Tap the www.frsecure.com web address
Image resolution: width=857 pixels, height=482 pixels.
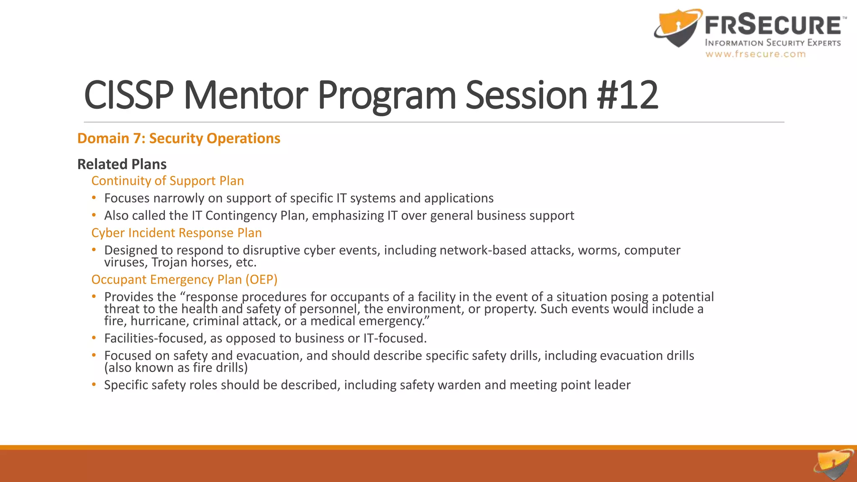pos(755,54)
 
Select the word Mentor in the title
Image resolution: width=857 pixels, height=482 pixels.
pos(246,95)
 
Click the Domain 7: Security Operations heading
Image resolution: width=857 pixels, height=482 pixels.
pos(179,138)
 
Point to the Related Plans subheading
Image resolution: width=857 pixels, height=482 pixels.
pos(122,164)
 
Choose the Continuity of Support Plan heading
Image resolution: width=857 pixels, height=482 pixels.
pos(167,181)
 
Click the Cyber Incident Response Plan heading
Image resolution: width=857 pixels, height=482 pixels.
pos(176,233)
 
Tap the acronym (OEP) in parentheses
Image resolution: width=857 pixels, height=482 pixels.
pos(261,279)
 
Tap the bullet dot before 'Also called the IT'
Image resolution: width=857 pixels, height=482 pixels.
pos(94,215)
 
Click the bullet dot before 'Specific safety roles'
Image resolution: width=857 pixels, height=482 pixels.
pos(94,385)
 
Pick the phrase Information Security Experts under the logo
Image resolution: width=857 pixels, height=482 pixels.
pos(772,43)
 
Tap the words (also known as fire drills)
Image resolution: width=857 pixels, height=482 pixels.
pos(176,368)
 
